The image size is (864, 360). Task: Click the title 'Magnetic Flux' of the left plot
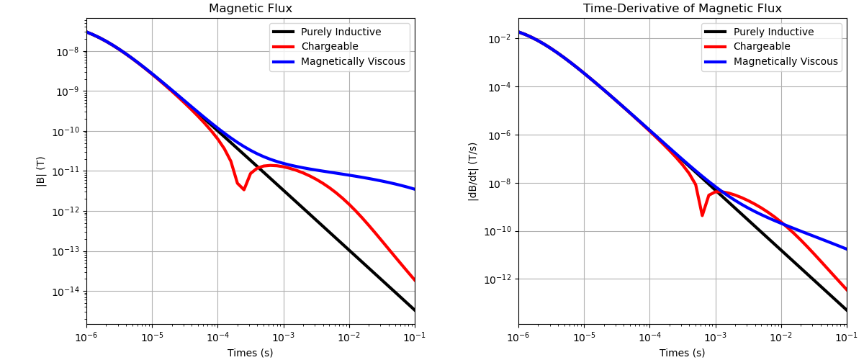click(251, 9)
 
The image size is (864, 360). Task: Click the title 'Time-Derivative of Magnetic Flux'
click(682, 9)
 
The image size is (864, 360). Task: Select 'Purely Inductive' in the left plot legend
click(341, 32)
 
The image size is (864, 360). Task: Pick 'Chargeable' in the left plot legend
click(329, 47)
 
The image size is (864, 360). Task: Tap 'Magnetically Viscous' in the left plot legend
click(353, 62)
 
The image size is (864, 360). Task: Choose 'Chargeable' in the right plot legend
click(761, 47)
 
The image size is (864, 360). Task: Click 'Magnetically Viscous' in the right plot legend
click(785, 62)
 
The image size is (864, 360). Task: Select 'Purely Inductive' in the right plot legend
click(773, 32)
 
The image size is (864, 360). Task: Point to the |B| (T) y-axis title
click(41, 171)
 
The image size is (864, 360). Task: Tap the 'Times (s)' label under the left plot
click(251, 353)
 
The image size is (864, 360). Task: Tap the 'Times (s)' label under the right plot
click(682, 353)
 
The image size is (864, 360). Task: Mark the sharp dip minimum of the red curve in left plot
click(243, 190)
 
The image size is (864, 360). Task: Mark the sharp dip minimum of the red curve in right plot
click(702, 215)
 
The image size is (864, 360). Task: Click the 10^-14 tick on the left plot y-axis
click(68, 292)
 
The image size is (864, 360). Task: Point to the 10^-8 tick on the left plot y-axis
click(71, 52)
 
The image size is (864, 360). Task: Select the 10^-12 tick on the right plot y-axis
click(500, 279)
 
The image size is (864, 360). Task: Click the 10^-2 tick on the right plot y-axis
click(503, 39)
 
